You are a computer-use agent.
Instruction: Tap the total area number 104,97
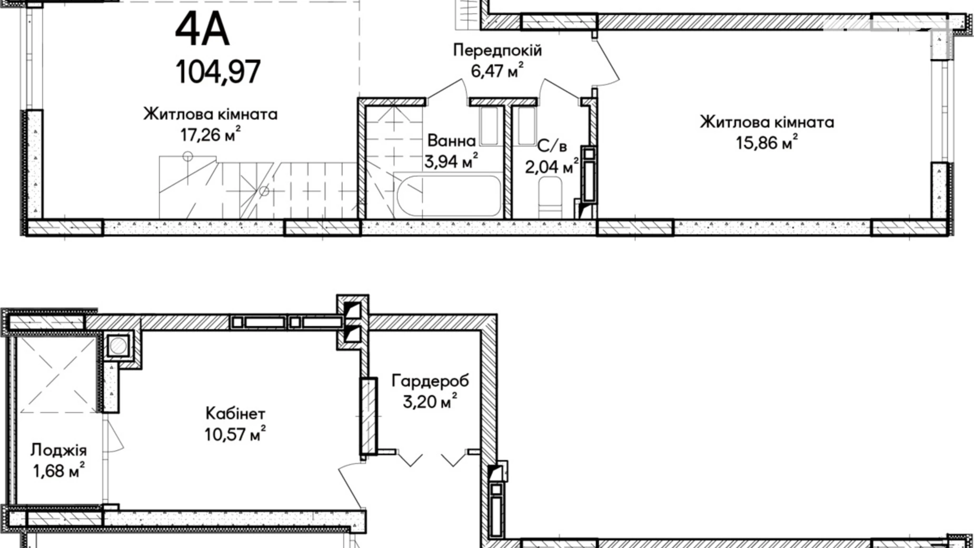click(218, 72)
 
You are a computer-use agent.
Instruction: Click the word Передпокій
click(497, 51)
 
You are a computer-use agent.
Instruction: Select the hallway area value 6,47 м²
click(497, 71)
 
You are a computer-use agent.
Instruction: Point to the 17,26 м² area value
click(211, 135)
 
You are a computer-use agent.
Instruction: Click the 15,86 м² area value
click(767, 142)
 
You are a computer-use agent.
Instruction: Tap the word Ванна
click(451, 141)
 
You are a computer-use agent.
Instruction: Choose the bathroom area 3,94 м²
click(451, 161)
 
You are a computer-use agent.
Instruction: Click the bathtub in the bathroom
click(448, 195)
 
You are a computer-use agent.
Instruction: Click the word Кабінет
click(235, 413)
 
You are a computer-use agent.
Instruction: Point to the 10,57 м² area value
click(235, 435)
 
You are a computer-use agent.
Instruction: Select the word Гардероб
click(430, 380)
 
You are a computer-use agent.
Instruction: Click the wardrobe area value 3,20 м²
click(430, 402)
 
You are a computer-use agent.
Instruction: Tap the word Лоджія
click(58, 450)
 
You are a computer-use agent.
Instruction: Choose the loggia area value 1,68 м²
click(58, 471)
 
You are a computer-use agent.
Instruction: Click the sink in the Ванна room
click(489, 126)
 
